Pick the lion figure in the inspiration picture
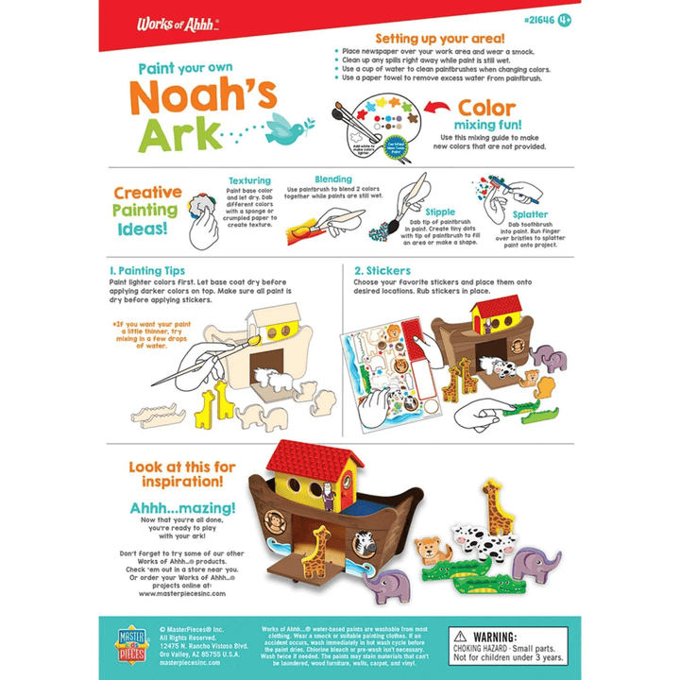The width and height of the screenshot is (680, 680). pyautogui.click(x=433, y=549)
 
